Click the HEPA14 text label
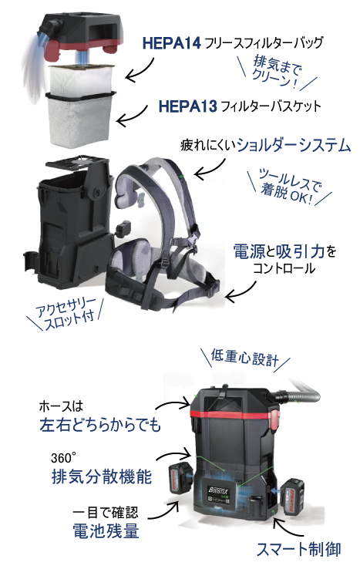pos(171,43)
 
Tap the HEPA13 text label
pos(187,106)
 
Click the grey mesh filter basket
pos(81,120)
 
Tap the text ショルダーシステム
pos(293,145)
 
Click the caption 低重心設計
pos(245,358)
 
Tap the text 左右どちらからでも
pos(100,425)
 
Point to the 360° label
pos(62,458)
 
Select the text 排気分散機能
pos(102,476)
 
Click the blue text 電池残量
pos(106,530)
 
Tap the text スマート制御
pos(298,549)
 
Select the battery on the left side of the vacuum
pos(180,477)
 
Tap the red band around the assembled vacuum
pos(232,415)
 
